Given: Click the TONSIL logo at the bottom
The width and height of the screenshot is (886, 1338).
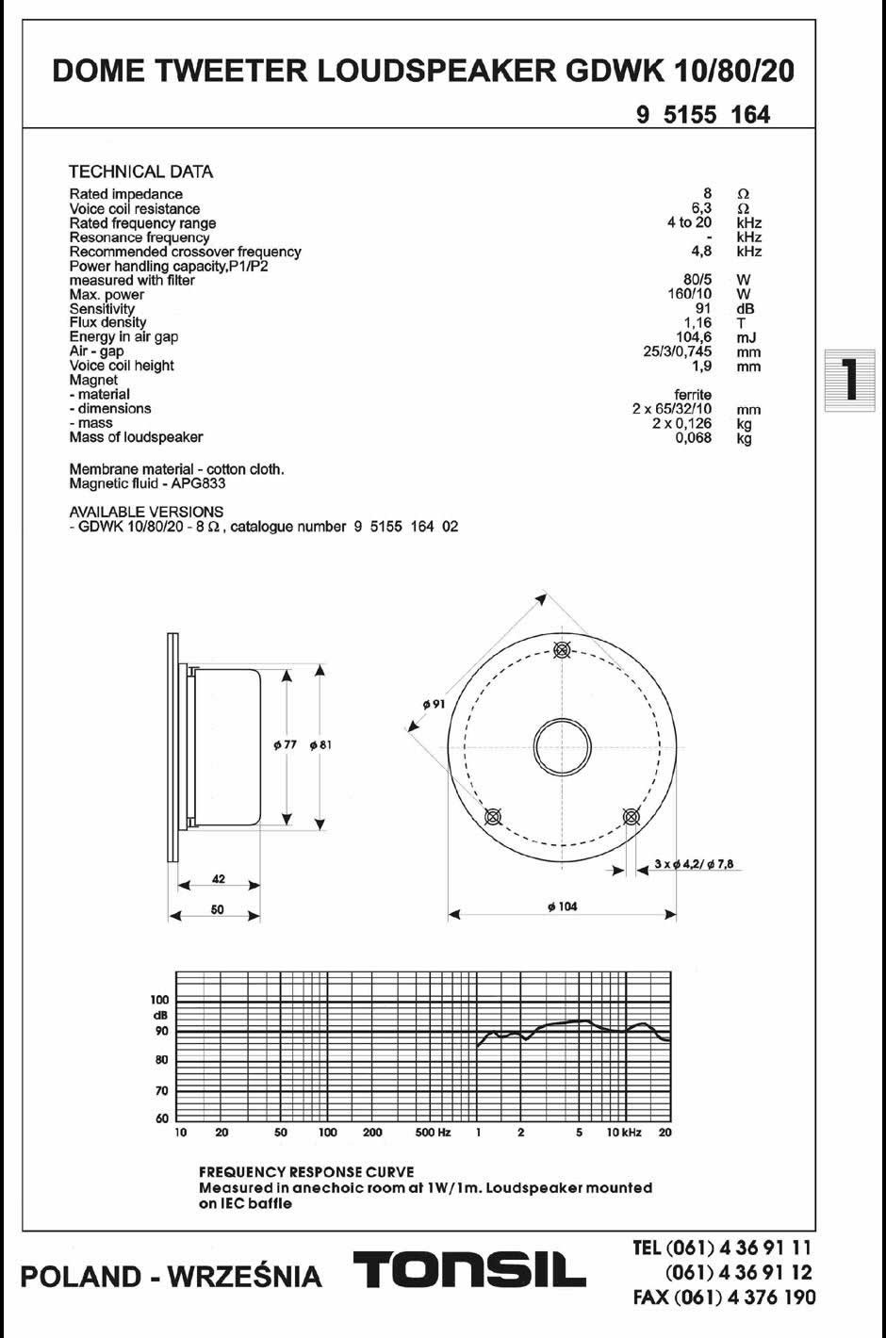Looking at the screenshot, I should coord(468,1273).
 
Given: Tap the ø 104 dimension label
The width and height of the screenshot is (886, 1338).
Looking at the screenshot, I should coord(562,906).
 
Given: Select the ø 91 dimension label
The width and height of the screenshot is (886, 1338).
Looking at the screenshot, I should coord(434,704).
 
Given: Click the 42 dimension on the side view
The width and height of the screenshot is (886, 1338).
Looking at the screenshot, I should coord(219,879).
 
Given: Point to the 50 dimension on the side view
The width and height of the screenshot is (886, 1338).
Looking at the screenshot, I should coord(217,910).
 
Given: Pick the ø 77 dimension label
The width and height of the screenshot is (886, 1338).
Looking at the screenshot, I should coord(285,744).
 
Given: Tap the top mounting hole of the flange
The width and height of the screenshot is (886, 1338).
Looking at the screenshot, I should coord(563,649).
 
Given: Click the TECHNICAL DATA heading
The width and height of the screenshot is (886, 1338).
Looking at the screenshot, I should coord(141,171).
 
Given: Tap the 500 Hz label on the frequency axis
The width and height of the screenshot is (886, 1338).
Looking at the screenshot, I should coord(433,1132).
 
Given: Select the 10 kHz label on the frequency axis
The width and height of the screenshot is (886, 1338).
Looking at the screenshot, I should coord(624,1132).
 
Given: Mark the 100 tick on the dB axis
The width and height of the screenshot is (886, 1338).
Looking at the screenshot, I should coord(159,1000).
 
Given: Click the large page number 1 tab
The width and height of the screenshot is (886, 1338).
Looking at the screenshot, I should coord(849,381).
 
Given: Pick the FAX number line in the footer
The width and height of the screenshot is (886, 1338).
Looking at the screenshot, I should coord(725,1297).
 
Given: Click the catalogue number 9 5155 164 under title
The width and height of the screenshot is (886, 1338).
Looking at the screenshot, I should coord(703,115).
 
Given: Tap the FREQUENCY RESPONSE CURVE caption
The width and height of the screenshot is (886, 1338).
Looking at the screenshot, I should coord(306,1171).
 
